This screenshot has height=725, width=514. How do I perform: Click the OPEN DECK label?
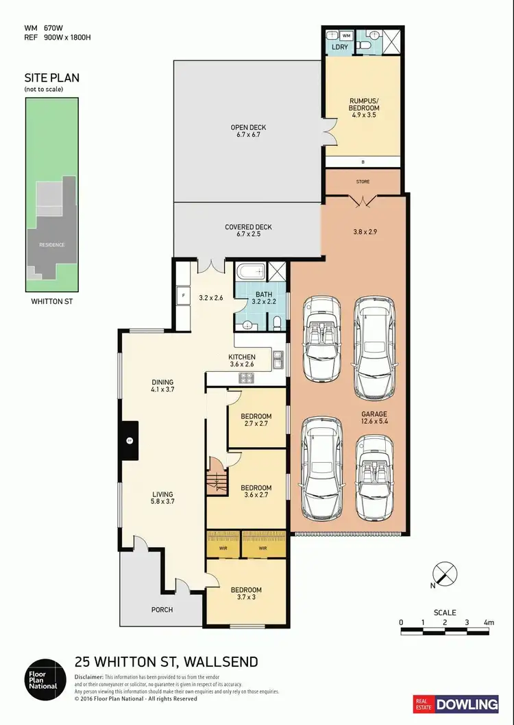[248, 131]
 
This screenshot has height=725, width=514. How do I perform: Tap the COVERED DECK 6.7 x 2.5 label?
[248, 231]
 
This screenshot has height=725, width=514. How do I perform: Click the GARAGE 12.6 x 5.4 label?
[375, 418]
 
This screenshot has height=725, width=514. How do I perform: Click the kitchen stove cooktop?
[246, 378]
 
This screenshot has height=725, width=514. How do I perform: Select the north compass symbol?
[445, 573]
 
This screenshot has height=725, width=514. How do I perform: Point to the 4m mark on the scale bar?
[488, 622]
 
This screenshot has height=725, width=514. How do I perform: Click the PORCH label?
[162, 609]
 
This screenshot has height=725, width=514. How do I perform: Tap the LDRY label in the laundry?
[339, 47]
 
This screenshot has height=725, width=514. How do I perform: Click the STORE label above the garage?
[363, 182]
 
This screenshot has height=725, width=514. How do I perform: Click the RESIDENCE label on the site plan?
[51, 244]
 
